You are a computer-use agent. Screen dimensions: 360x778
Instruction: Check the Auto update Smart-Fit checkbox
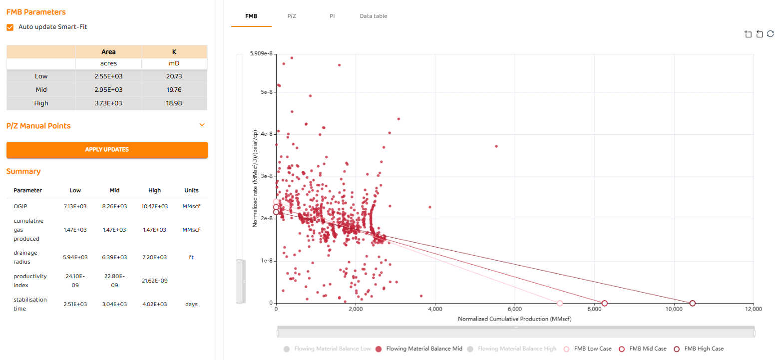tap(10, 27)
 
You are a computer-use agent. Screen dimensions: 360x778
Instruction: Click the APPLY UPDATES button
tap(107, 150)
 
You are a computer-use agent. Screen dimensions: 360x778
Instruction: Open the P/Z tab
tap(292, 16)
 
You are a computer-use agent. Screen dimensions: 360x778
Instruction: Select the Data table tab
tap(373, 16)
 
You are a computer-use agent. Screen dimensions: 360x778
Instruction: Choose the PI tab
tap(332, 16)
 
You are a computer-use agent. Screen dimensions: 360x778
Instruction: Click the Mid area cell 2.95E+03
tap(108, 90)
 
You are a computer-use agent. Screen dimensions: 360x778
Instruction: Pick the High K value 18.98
tap(174, 103)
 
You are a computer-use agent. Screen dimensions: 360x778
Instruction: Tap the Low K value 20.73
tap(174, 76)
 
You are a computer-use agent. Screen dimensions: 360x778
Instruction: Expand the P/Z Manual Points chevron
tap(202, 125)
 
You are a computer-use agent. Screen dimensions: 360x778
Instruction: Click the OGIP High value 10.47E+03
tap(154, 206)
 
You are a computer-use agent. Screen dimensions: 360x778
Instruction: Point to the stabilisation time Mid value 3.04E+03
tap(114, 304)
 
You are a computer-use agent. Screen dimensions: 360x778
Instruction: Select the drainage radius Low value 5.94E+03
tap(75, 257)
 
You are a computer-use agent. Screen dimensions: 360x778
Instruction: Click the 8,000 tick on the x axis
tap(594, 310)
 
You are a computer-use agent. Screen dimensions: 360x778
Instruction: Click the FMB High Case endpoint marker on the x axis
tap(692, 303)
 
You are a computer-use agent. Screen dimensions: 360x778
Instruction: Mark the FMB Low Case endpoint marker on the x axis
tap(559, 303)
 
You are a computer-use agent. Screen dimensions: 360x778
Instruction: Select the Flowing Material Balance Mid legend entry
tap(419, 349)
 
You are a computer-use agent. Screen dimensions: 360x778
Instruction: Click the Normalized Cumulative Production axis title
tap(514, 319)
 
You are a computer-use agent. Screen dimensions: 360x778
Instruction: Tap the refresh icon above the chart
tap(770, 34)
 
